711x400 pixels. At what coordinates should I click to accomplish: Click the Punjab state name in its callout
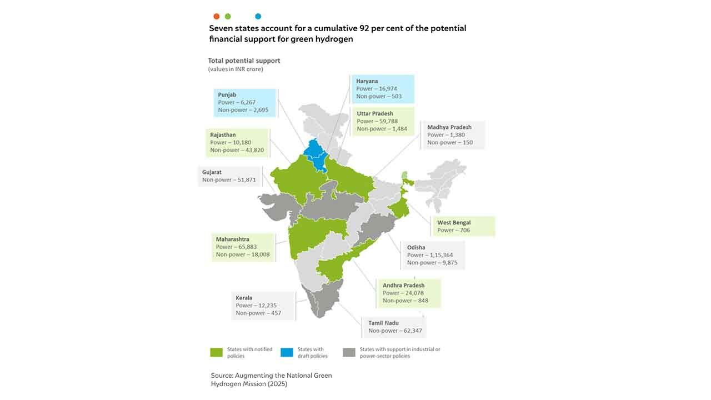pyautogui.click(x=227, y=95)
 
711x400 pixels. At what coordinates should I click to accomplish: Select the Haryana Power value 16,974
pyautogui.click(x=387, y=88)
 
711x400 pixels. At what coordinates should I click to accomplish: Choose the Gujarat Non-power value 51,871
pyautogui.click(x=245, y=180)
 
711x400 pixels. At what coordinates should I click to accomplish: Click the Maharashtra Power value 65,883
pyautogui.click(x=246, y=247)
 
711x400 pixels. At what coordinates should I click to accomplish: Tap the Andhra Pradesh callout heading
pyautogui.click(x=403, y=286)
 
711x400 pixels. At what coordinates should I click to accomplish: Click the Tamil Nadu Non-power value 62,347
pyautogui.click(x=410, y=331)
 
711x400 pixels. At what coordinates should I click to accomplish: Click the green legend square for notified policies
pyautogui.click(x=216, y=352)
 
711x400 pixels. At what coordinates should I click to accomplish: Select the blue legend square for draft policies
pyautogui.click(x=287, y=352)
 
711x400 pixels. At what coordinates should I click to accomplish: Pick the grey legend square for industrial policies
pyautogui.click(x=349, y=352)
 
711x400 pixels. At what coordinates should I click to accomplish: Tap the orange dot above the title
pyautogui.click(x=216, y=17)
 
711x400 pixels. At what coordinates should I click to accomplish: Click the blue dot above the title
pyautogui.click(x=258, y=17)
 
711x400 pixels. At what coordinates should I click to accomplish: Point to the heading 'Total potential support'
pyautogui.click(x=244, y=61)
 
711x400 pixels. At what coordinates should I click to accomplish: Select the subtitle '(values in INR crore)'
pyautogui.click(x=236, y=69)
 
